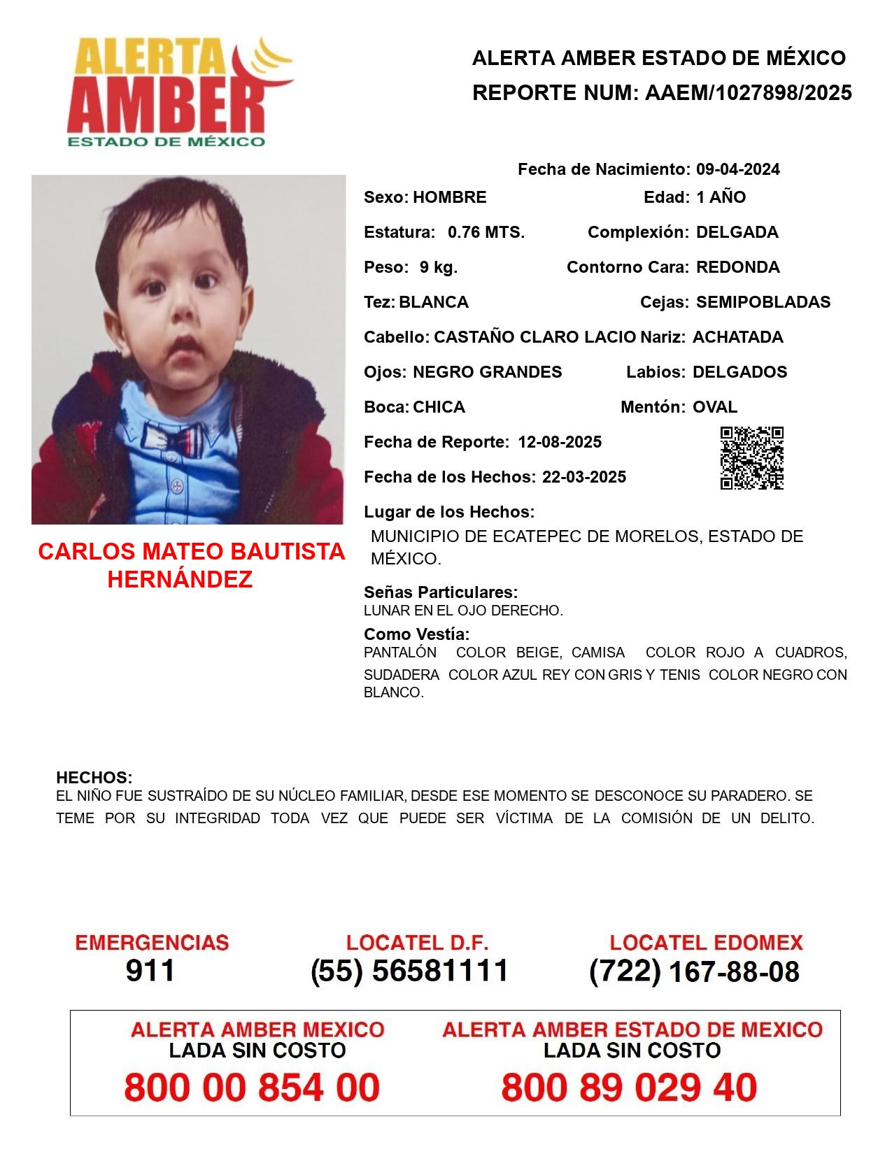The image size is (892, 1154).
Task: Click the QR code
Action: click(752, 458)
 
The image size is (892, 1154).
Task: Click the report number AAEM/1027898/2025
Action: click(748, 93)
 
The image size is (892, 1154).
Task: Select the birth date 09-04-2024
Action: click(737, 169)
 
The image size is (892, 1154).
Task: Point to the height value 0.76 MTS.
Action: click(486, 232)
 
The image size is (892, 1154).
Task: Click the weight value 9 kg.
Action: click(439, 267)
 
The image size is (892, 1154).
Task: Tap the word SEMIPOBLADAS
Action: click(763, 302)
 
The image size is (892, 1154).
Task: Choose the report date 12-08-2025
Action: click(560, 442)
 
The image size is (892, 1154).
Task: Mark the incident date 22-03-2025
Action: click(584, 477)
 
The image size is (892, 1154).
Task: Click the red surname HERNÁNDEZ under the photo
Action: click(180, 580)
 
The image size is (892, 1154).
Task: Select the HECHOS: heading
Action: click(94, 778)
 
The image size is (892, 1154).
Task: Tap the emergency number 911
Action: click(150, 971)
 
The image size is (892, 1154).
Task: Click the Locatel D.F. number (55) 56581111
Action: click(409, 971)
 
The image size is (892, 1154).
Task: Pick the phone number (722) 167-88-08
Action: click(694, 971)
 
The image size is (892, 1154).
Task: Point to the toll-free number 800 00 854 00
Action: click(252, 1088)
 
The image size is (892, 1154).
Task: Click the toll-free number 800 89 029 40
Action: click(629, 1088)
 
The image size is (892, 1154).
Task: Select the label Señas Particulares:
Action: click(441, 592)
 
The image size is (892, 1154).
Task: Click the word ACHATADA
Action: click(737, 337)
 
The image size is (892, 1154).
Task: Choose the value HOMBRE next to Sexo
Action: click(449, 197)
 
